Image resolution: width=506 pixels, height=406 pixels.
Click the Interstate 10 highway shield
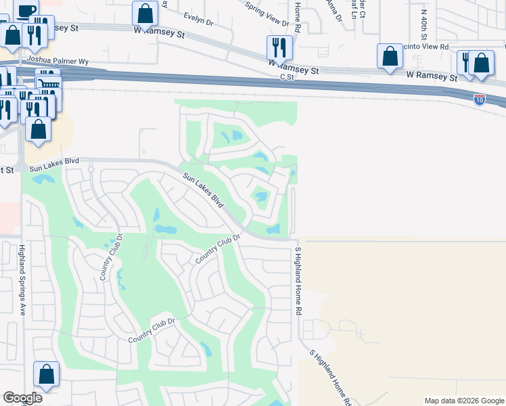coord(479,98)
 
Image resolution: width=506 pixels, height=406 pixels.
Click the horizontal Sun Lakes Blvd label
coord(54,161)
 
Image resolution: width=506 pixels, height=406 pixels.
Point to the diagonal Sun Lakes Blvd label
coord(204,191)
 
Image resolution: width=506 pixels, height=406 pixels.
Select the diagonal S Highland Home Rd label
coord(331,378)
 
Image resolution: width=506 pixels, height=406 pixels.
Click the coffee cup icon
coord(26,10)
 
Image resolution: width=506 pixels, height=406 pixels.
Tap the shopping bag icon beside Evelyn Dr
coord(145,13)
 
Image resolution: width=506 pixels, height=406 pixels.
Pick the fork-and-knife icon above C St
coord(279,48)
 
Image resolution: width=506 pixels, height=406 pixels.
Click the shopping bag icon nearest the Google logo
coord(46,374)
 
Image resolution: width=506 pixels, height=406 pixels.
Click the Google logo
coord(22,398)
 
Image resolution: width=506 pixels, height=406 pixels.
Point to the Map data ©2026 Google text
coord(463,401)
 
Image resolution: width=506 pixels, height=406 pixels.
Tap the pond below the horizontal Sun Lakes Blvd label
coord(42,180)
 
